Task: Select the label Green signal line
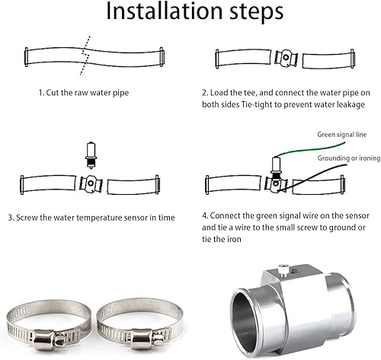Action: click(342, 134)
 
